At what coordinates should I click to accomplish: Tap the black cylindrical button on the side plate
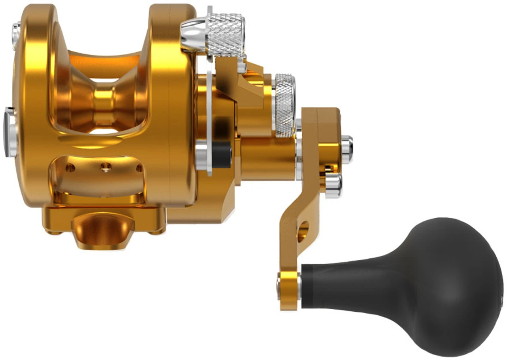(x=222, y=155)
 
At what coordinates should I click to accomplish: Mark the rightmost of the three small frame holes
(x=139, y=168)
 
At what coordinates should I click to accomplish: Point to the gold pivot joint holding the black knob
(x=288, y=291)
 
